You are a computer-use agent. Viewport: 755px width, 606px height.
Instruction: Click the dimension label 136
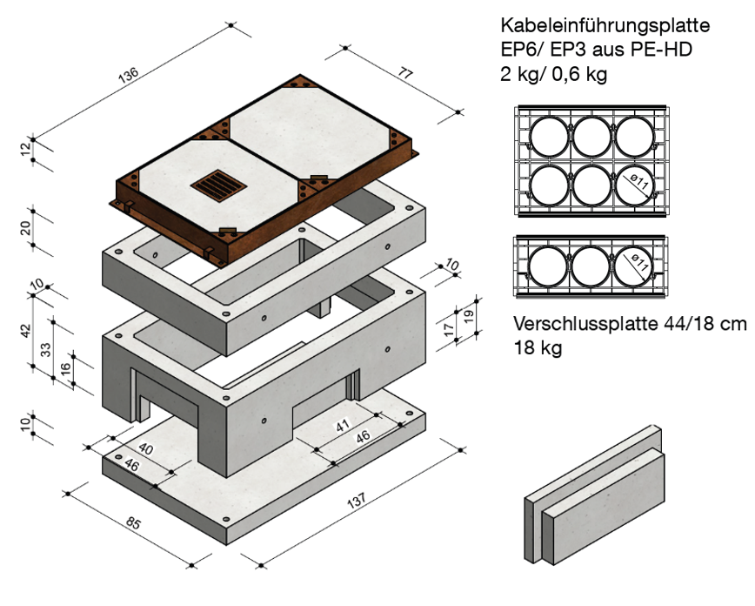129,75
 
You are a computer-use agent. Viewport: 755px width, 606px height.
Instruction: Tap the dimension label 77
405,73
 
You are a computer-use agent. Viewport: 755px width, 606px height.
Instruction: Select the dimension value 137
357,501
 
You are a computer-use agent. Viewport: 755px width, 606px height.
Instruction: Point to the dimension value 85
133,522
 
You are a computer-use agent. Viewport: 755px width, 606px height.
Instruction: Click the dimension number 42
25,331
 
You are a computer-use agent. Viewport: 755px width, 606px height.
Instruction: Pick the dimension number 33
45,349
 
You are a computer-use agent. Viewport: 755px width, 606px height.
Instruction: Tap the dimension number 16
65,369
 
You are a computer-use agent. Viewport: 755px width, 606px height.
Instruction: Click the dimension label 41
342,425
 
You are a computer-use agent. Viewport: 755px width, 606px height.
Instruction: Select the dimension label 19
469,316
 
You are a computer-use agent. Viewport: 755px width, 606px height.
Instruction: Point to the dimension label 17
449,330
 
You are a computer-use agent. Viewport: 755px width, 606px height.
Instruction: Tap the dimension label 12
25,149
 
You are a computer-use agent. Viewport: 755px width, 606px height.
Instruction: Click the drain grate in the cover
218,185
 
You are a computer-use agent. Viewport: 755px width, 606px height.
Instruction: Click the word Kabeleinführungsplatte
605,25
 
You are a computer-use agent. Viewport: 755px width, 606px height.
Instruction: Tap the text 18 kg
538,347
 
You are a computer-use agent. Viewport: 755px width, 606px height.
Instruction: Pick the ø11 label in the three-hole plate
638,262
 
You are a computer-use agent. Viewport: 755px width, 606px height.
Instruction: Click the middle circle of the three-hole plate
591,266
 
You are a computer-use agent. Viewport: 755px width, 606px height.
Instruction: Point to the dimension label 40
145,449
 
